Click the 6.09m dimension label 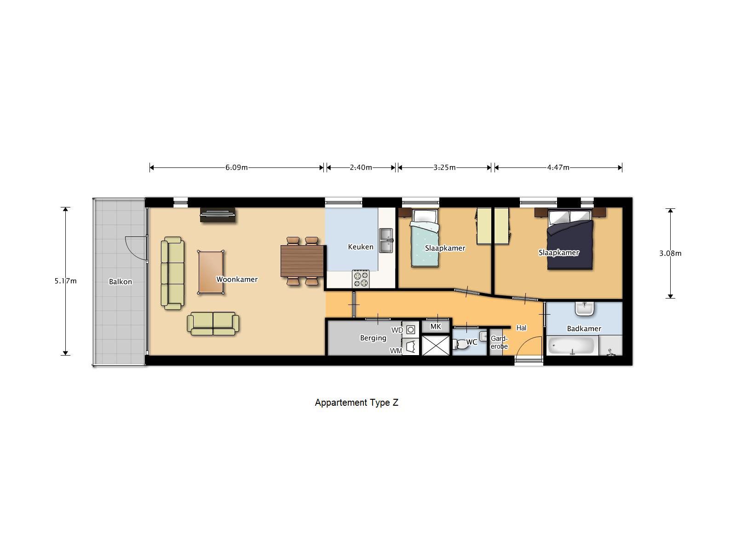tap(236, 167)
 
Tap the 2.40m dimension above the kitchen tap(361, 167)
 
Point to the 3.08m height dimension tap(670, 253)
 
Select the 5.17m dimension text tap(65, 281)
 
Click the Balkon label tap(121, 282)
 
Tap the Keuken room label tap(361, 247)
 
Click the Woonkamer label tap(237, 279)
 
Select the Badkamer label tap(584, 328)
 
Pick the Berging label tap(373, 338)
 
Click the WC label tap(472, 342)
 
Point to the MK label tap(436, 327)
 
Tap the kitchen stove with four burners tap(361, 279)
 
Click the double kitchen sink tap(385, 240)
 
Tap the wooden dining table tap(302, 261)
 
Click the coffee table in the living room tap(211, 272)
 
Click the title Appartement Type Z tap(356, 402)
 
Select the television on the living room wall tap(218, 214)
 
